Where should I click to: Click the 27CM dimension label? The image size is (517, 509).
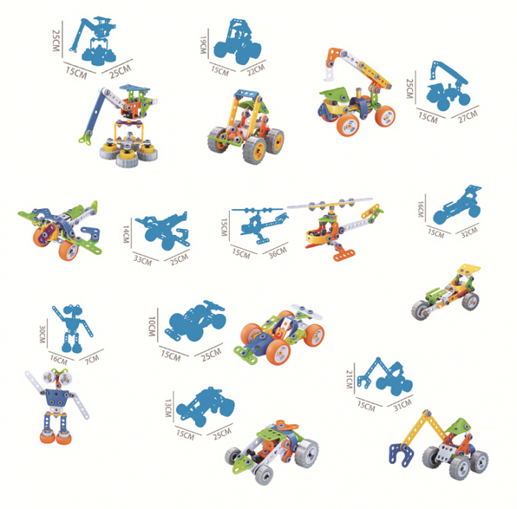point(467,115)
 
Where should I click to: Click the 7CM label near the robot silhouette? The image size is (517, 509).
point(90,360)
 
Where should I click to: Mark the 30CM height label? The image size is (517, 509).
point(43,337)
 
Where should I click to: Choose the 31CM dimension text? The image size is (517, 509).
point(401,406)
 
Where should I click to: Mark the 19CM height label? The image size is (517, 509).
point(204,45)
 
